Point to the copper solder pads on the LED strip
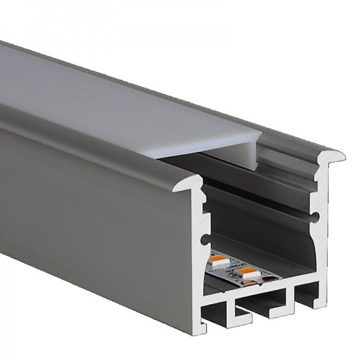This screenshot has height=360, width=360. pyautogui.click(x=268, y=277)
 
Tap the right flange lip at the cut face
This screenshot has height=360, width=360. pyautogui.click(x=336, y=157)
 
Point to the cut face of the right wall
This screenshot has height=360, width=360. pyautogui.click(x=323, y=240)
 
